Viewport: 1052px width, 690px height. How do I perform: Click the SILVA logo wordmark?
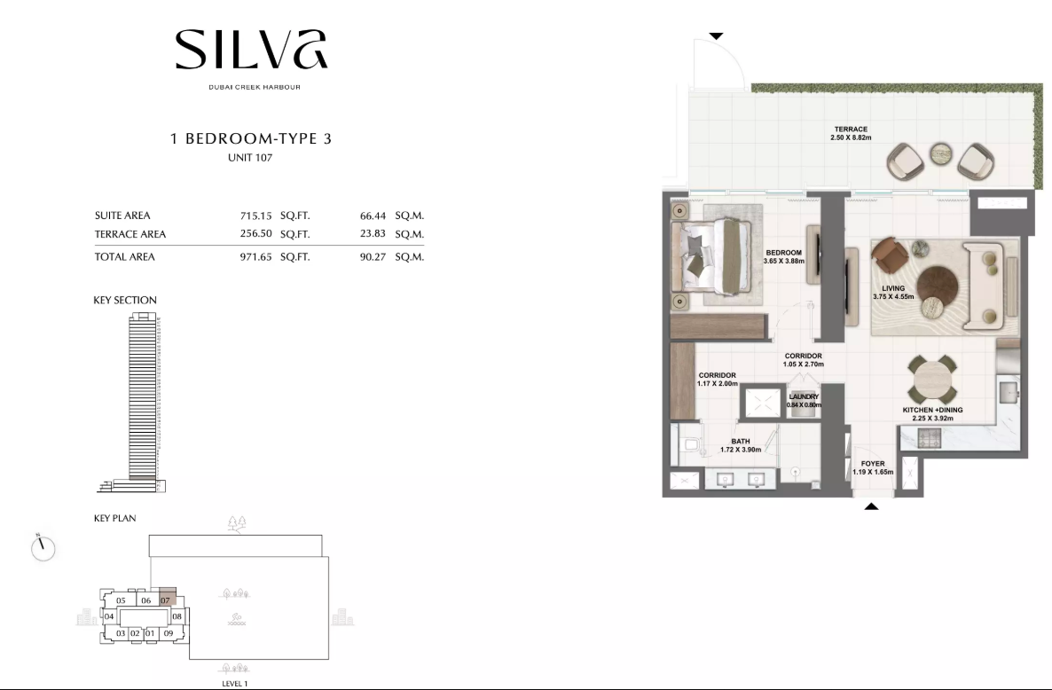[251, 49]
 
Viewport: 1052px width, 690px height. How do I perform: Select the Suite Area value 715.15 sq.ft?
[255, 216]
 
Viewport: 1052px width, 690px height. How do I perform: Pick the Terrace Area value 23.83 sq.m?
[373, 234]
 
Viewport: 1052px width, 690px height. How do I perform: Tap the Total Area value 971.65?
[255, 257]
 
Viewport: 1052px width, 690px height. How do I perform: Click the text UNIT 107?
[250, 158]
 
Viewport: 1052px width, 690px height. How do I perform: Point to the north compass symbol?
[43, 547]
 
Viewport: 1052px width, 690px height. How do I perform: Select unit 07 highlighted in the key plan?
[167, 597]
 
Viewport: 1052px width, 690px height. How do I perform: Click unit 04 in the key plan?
[109, 616]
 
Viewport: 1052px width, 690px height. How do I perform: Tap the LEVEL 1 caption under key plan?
[235, 683]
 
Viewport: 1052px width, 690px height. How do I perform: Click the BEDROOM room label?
[783, 253]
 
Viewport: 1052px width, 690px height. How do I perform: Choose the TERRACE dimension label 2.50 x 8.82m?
[851, 137]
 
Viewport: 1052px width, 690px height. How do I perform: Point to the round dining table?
[932, 380]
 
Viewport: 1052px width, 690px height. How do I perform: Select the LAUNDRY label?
[804, 397]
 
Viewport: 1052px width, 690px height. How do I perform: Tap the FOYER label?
[873, 463]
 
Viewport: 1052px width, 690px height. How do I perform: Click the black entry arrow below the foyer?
[871, 506]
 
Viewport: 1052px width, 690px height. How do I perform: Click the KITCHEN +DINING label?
[932, 410]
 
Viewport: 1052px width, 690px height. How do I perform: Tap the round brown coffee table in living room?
[938, 286]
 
